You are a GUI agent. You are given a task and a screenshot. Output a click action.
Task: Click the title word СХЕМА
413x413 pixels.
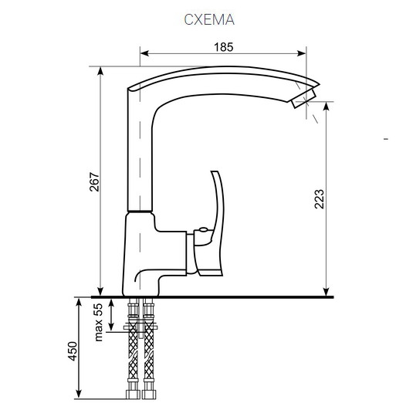(208, 20)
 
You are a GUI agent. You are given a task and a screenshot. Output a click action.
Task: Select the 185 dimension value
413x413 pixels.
(222, 47)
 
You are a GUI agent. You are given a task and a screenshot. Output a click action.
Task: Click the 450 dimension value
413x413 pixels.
(73, 350)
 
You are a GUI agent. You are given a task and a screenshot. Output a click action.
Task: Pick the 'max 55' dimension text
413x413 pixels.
(99, 322)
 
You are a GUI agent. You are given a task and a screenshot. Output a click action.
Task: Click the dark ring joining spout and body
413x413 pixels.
(139, 211)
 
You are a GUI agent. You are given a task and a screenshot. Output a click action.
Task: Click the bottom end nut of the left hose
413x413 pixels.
(132, 394)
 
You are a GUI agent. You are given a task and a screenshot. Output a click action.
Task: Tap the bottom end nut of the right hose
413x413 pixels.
(150, 394)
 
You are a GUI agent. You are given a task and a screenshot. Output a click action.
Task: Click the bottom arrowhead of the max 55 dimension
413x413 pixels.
(110, 328)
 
